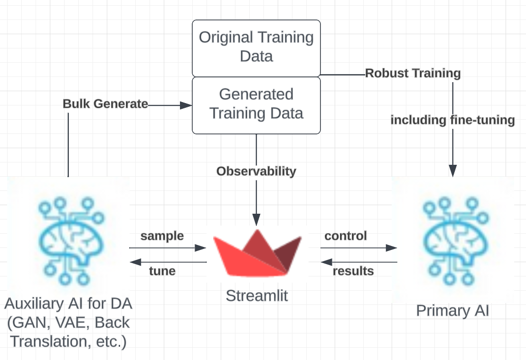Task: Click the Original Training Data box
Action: pos(256,47)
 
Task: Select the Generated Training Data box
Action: pos(256,104)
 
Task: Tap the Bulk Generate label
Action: pos(105,104)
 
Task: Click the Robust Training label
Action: pos(413,73)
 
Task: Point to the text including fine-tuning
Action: pos(452,120)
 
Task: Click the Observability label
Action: pos(256,171)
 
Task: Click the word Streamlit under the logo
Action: pos(257,295)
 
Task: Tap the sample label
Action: pos(162,236)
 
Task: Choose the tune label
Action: pos(162,271)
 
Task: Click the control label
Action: pos(346,236)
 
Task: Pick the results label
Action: pos(353,271)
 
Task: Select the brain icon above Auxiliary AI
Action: pos(69,237)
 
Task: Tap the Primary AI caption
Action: pos(452,311)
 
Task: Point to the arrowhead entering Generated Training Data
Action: pos(186,105)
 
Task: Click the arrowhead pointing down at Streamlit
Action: pos(256,220)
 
